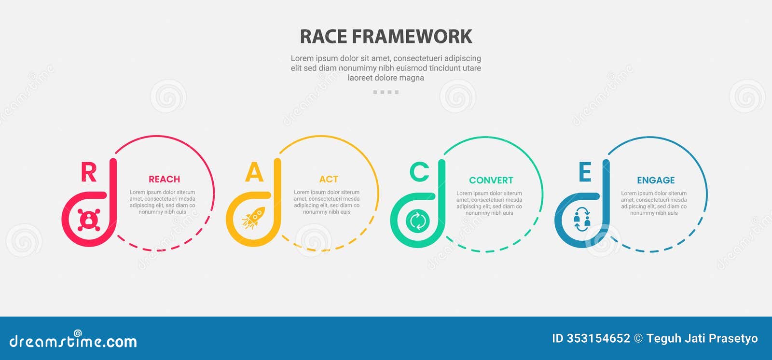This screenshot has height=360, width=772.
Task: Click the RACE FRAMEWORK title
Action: [x=386, y=37]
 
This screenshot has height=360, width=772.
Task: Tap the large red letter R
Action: [x=89, y=172]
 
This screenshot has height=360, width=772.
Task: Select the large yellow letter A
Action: [x=254, y=172]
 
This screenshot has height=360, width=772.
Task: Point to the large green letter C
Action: [x=419, y=172]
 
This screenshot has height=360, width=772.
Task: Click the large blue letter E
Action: [x=585, y=172]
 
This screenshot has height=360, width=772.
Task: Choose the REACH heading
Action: [x=164, y=179]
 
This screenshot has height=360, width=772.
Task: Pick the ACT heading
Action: [x=329, y=179]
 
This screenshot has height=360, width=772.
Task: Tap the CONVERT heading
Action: [x=491, y=180]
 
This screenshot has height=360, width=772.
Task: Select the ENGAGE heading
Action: [x=656, y=180]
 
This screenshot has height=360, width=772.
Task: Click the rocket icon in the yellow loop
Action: [x=254, y=218]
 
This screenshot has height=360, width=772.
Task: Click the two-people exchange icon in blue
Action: [x=582, y=220]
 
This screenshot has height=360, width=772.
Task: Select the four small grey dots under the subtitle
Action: [x=386, y=92]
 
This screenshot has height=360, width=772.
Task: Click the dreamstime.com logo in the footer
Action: [x=73, y=340]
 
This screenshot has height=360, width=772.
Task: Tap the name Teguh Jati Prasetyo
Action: [x=702, y=338]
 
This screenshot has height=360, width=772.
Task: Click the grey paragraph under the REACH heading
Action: [x=163, y=202]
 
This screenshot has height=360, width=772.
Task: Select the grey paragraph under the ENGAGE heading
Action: [x=654, y=203]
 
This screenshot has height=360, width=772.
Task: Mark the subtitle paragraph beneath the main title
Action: [x=386, y=68]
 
